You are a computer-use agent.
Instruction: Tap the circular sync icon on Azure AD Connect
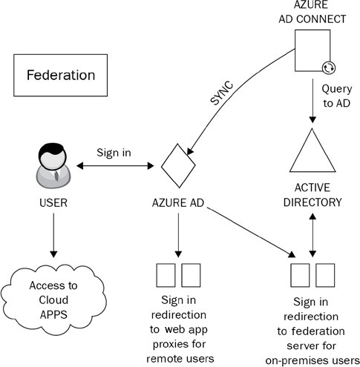[329, 67]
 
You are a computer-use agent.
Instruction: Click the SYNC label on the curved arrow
[222, 93]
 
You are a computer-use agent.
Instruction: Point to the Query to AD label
[337, 96]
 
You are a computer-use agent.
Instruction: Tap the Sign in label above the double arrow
[114, 153]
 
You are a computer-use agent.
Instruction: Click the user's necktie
[57, 175]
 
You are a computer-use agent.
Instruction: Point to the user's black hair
[51, 149]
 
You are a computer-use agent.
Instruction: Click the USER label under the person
[53, 203]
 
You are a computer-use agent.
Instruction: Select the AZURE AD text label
[178, 203]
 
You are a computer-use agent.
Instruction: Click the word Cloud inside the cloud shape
[53, 300]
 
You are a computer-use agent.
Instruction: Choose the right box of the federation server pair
[325, 275]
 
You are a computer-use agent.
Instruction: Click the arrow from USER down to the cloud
[53, 235]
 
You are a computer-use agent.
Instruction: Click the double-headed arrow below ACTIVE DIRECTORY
[312, 235]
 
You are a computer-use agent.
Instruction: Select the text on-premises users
[312, 360]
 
